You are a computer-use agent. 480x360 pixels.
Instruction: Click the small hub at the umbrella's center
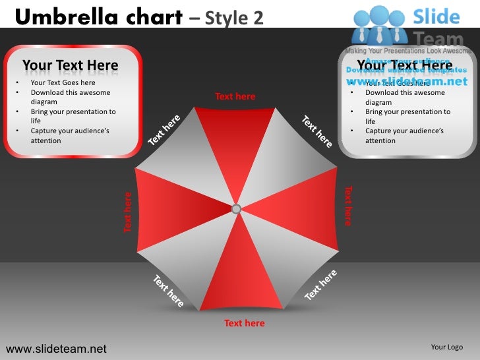(x=236, y=209)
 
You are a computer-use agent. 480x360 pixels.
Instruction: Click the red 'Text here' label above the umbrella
(x=235, y=96)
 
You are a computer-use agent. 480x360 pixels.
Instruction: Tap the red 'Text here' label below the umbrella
(x=244, y=323)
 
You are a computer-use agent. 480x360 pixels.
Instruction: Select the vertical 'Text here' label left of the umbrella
(x=128, y=212)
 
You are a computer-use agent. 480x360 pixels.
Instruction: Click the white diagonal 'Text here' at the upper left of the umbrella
(x=164, y=131)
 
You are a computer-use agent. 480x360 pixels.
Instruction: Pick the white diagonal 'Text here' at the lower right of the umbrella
(x=321, y=285)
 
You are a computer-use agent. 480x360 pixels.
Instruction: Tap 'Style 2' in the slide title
(x=234, y=18)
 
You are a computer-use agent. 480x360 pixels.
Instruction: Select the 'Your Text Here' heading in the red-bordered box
(x=71, y=65)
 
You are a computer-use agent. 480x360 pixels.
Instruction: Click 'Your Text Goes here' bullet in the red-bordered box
(x=63, y=83)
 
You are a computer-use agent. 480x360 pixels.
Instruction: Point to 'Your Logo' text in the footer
(x=446, y=347)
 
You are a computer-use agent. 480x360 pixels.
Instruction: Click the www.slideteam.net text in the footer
(x=55, y=348)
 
